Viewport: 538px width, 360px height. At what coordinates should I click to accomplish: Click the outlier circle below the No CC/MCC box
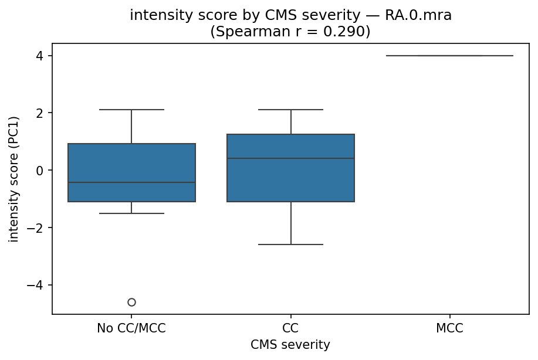pos(131,302)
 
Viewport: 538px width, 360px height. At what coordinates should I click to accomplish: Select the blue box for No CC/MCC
pos(131,164)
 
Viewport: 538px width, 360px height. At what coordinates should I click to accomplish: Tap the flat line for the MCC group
pos(450,56)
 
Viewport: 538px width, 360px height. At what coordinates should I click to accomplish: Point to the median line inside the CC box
pos(291,158)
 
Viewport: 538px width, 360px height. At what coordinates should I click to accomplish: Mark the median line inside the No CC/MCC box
pos(131,182)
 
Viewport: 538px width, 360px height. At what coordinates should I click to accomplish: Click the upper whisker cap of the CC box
pos(291,110)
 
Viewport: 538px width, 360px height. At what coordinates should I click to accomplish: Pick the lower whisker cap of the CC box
pos(291,244)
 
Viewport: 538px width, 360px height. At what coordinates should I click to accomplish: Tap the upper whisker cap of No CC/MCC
pos(131,110)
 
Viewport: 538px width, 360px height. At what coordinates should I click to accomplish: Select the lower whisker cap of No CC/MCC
pos(131,213)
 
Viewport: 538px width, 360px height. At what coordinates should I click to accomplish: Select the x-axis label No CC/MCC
pos(131,328)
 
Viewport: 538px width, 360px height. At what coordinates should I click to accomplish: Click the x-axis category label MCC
pos(450,328)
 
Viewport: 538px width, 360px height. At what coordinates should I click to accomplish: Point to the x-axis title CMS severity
pos(290,345)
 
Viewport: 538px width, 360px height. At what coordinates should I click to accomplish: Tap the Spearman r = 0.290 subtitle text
pos(290,32)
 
